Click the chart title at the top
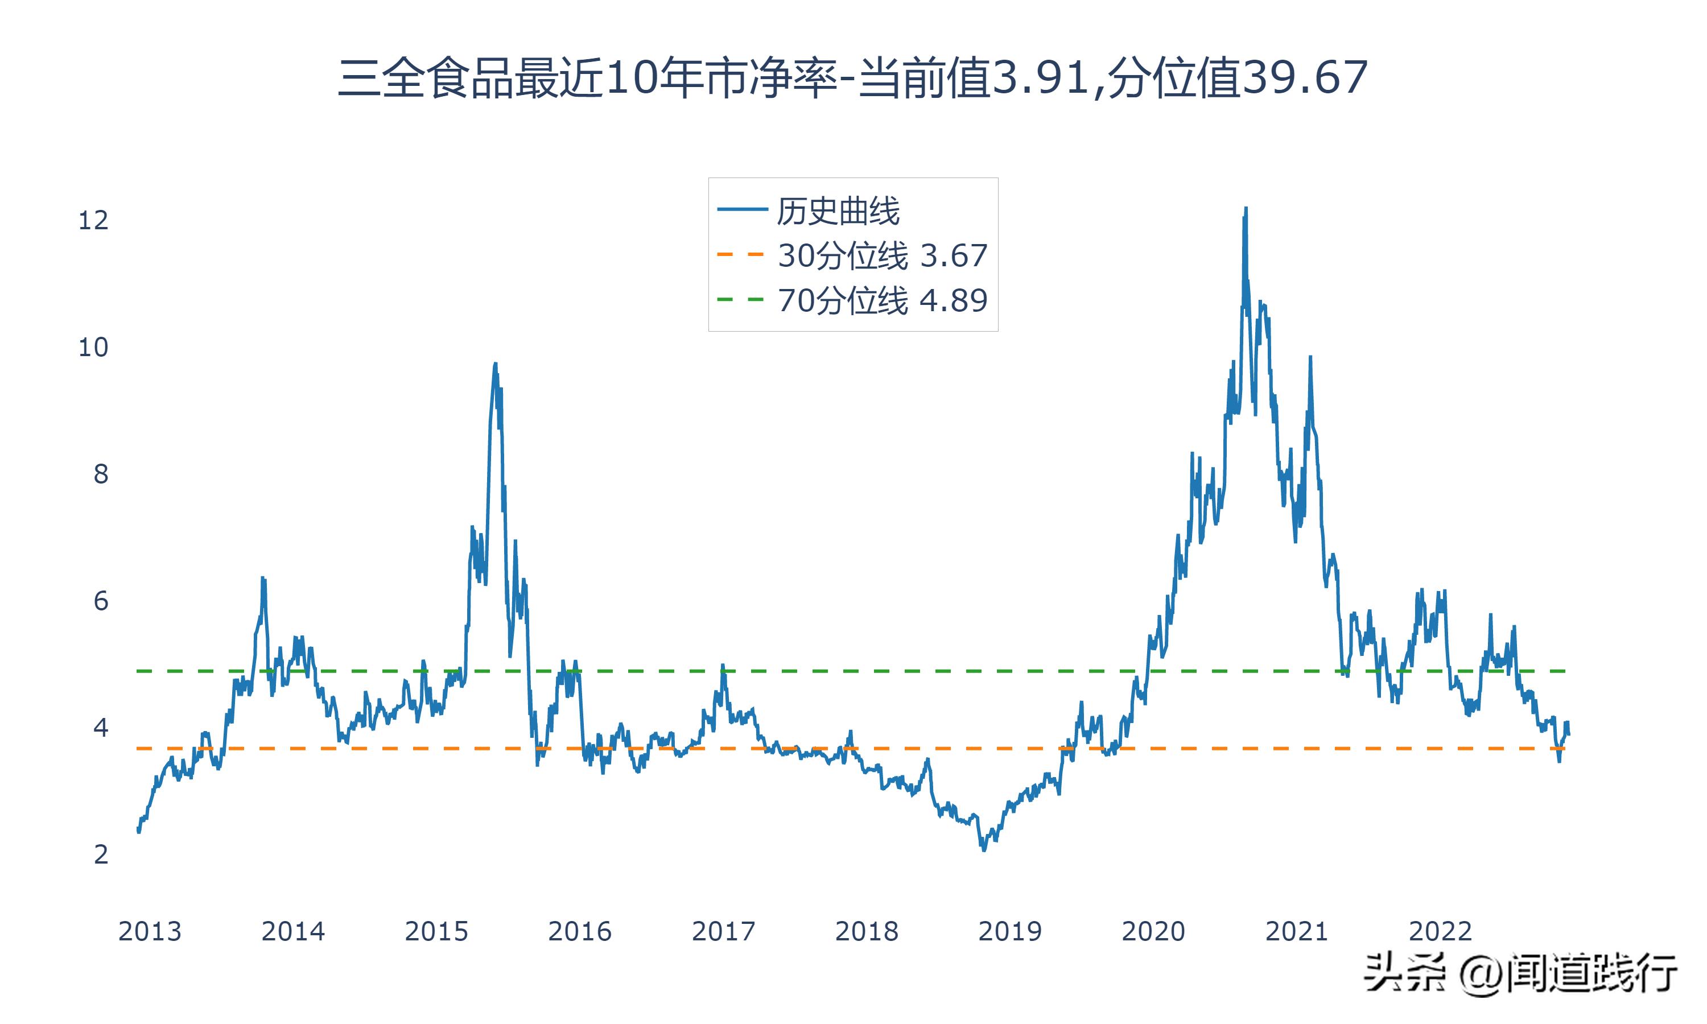pos(853,78)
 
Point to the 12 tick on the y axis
pos(93,221)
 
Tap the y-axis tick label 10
pos(93,348)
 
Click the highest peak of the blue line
pos(1246,208)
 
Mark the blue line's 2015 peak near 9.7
pos(496,364)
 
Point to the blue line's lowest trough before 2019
pos(984,850)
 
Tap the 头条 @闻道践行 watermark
pos(1520,973)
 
